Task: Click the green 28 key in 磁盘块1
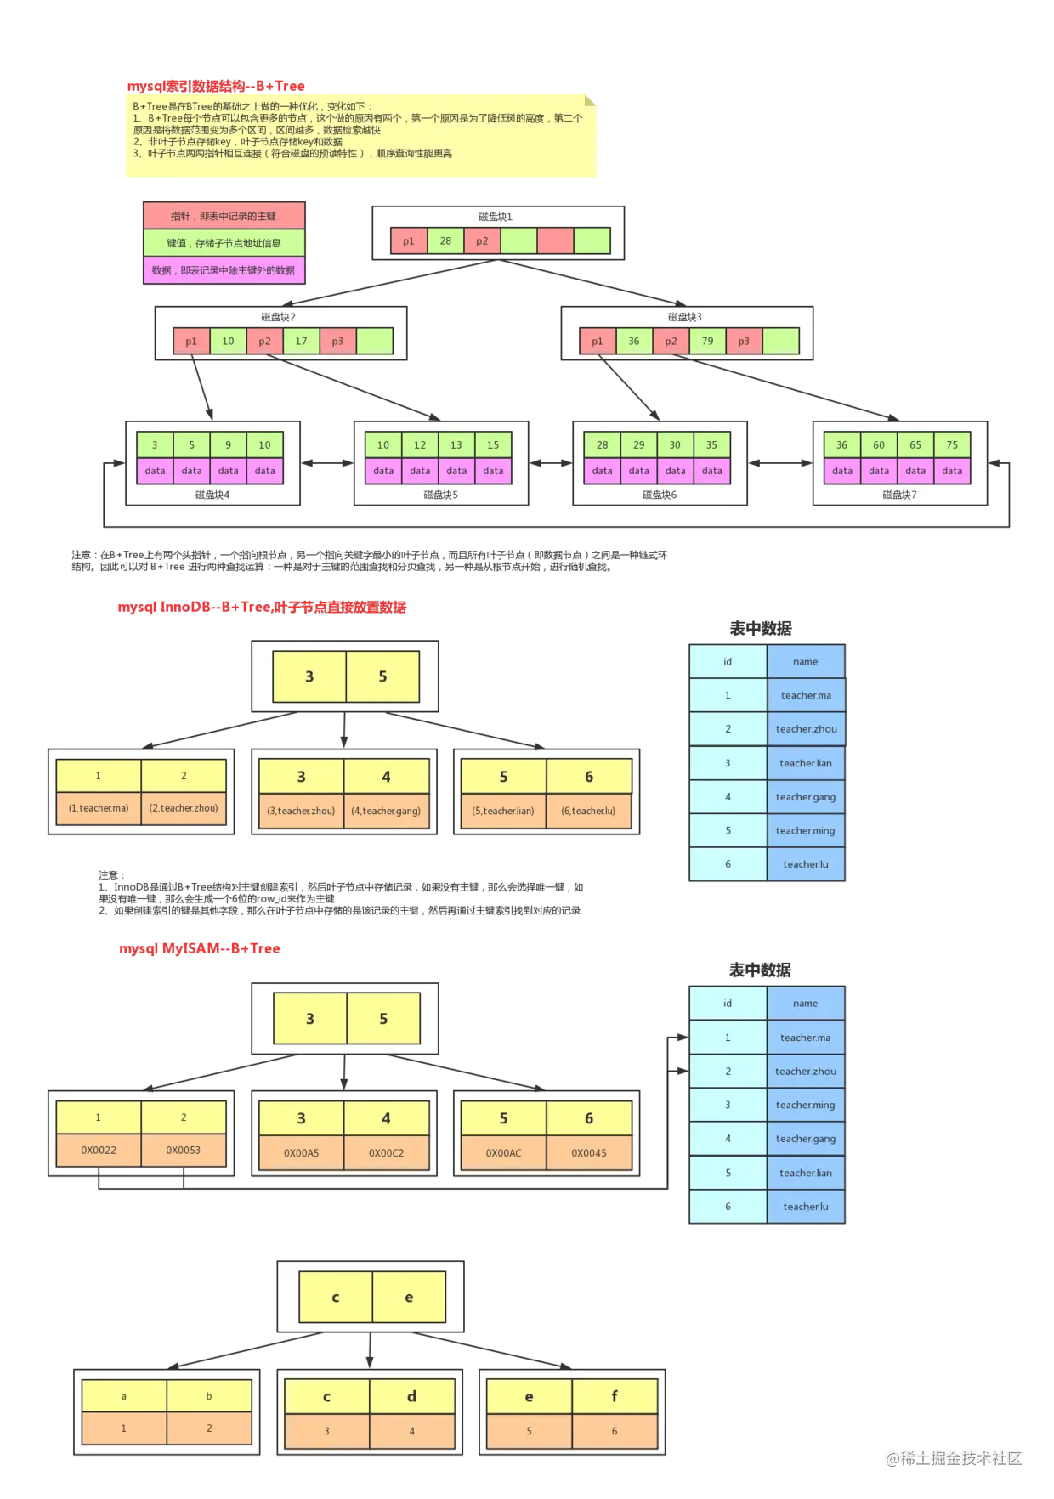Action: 445,241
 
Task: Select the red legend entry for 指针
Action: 224,216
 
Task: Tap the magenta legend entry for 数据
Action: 224,270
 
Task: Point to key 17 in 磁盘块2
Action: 301,342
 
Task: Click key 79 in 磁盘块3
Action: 707,342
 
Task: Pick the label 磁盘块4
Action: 212,495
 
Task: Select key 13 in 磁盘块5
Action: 456,445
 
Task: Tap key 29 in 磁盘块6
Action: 638,445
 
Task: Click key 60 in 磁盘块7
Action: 879,445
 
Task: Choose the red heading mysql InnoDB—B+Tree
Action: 262,607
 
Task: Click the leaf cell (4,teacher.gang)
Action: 386,811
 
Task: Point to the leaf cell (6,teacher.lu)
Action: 588,811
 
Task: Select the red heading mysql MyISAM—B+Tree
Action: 200,948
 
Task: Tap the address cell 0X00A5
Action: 302,1153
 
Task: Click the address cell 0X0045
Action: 589,1153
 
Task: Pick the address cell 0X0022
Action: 99,1151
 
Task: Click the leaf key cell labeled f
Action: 615,1396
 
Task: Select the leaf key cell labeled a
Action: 124,1396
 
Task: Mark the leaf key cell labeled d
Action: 411,1396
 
